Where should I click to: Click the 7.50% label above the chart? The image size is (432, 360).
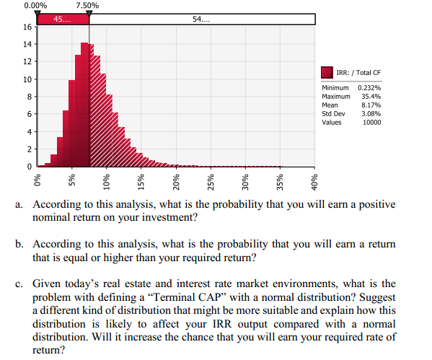click(x=88, y=5)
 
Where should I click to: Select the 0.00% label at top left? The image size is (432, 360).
click(x=37, y=5)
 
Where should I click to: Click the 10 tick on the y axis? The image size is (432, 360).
click(x=27, y=79)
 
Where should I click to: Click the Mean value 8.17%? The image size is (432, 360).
click(x=370, y=105)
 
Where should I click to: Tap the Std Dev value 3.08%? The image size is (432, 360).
click(x=370, y=113)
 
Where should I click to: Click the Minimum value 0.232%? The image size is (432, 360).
click(x=370, y=87)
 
